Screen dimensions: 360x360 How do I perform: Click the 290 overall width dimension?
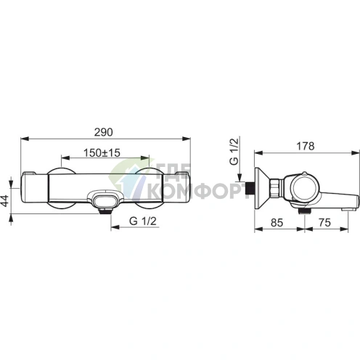point(104,132)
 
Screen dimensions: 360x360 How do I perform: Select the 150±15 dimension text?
point(102,153)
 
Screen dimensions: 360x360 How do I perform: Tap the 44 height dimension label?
point(4,201)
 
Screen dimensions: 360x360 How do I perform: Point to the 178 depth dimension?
point(306,146)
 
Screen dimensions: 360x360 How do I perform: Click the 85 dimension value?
point(277,223)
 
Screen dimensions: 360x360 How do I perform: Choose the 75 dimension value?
point(324,223)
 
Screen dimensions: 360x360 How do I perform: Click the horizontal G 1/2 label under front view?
point(143,221)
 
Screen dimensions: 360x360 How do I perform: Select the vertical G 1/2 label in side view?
point(234,151)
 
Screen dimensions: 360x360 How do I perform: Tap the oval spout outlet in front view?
point(105,199)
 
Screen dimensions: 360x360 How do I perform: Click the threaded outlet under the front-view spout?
point(105,211)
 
